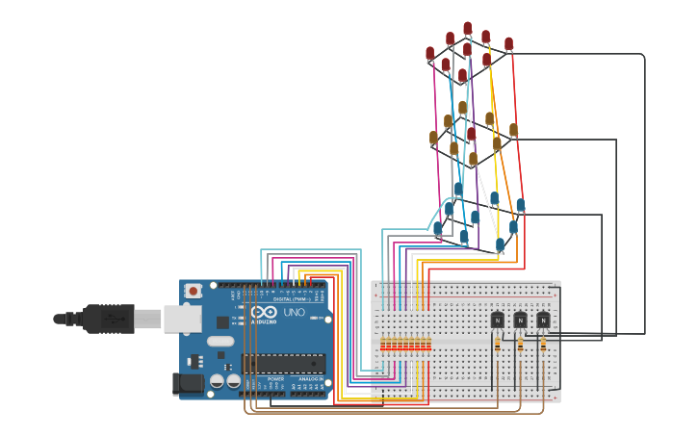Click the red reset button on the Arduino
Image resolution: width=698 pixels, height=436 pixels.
(x=194, y=291)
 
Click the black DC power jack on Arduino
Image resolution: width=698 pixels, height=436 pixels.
(x=189, y=384)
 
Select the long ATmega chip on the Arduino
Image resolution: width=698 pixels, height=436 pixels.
(x=282, y=363)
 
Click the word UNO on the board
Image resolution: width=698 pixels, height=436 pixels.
(x=294, y=313)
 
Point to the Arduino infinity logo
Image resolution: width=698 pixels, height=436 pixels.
(x=263, y=313)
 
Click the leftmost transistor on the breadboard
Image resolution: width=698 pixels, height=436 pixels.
(x=497, y=320)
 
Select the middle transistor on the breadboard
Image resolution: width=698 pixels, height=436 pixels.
(x=520, y=320)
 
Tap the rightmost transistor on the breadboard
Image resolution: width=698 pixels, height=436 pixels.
(x=543, y=320)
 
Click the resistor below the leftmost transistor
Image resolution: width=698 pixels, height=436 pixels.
(x=497, y=344)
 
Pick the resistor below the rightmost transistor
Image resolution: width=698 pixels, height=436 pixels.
(x=543, y=344)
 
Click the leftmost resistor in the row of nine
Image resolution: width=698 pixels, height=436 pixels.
(x=383, y=344)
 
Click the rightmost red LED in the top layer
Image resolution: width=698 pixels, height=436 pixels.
(x=508, y=44)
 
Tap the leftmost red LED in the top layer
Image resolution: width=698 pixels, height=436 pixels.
(x=430, y=54)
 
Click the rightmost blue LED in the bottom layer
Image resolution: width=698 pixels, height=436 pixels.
(x=521, y=205)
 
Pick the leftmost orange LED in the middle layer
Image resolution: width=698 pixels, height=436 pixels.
(x=433, y=139)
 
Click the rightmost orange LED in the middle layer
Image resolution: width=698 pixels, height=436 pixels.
(x=513, y=130)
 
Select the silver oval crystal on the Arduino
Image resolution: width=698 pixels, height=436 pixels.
(x=220, y=341)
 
